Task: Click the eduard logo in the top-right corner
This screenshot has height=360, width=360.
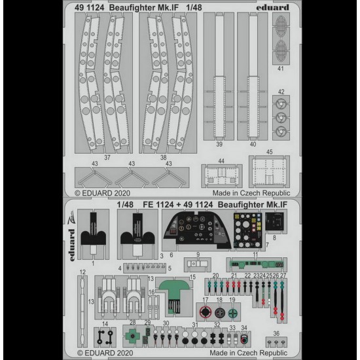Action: click(272, 8)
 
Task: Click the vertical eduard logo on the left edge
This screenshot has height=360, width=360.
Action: click(72, 245)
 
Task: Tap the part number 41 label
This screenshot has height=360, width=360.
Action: click(281, 69)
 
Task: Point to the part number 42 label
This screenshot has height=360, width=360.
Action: click(281, 92)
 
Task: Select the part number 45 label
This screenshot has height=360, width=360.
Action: click(269, 152)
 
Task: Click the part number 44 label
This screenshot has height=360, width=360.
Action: click(221, 161)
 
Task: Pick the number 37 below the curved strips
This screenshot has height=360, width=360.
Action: click(107, 158)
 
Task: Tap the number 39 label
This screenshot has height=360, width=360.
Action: click(219, 144)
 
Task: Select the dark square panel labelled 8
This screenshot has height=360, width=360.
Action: click(274, 221)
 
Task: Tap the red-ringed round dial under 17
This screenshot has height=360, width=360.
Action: click(206, 312)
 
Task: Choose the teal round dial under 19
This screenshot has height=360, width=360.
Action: click(233, 313)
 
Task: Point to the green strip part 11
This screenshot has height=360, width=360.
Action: click(257, 264)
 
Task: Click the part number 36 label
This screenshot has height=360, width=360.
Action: click(276, 333)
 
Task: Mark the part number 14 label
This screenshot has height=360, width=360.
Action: click(105, 324)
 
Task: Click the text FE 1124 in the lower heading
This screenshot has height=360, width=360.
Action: click(158, 204)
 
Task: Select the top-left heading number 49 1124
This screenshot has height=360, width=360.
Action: click(89, 8)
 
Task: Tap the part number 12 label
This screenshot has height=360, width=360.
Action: click(82, 272)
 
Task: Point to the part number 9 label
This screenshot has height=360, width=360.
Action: click(198, 255)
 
